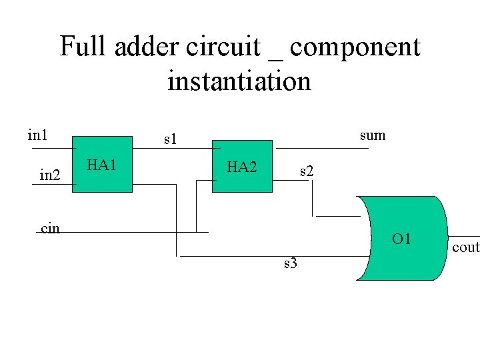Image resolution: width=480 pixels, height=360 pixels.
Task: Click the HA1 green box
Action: click(x=102, y=166)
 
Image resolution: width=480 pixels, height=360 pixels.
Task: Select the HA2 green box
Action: click(x=242, y=167)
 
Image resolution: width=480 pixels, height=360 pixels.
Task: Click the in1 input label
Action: click(x=37, y=135)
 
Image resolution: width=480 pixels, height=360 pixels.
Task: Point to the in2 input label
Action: click(x=50, y=175)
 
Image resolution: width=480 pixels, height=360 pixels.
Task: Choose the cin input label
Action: click(x=50, y=228)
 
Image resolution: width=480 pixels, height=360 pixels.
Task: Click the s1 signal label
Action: click(x=171, y=139)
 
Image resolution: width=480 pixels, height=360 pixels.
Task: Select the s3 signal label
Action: click(x=290, y=263)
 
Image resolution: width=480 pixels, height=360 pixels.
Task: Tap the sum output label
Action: click(x=372, y=135)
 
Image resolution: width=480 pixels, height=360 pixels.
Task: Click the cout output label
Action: click(x=465, y=247)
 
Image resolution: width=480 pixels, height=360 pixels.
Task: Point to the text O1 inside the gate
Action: click(x=401, y=239)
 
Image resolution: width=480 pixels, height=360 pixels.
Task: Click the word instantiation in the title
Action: click(x=239, y=81)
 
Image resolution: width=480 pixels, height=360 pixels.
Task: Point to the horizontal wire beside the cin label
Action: click(x=133, y=232)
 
